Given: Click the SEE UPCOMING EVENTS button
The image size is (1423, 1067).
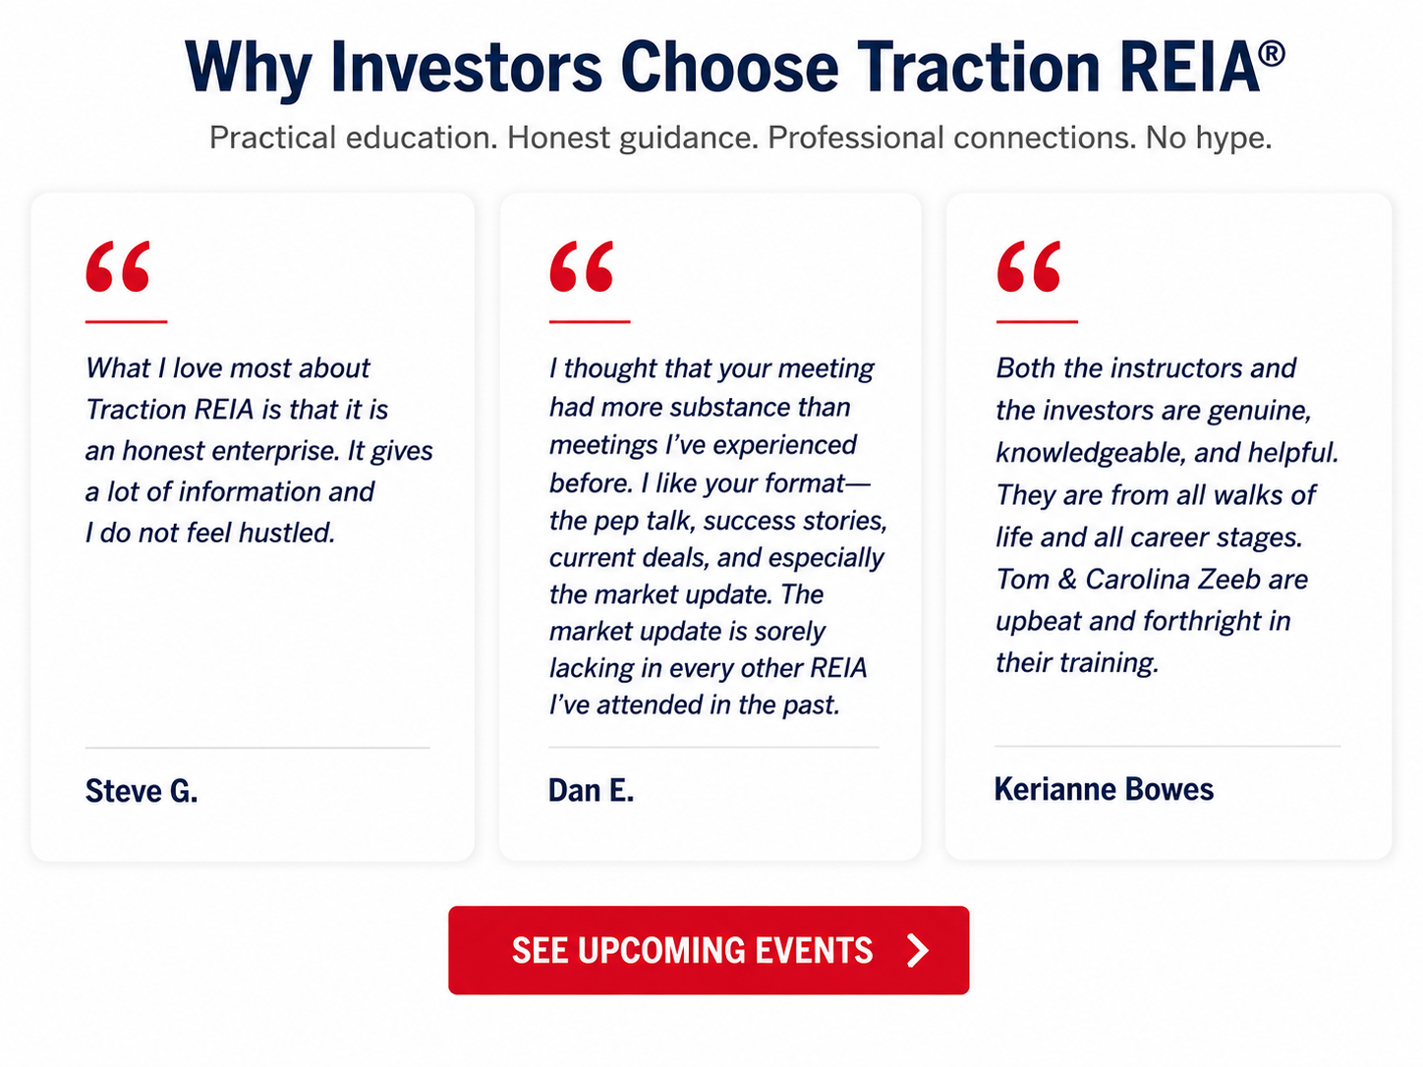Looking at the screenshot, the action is [x=709, y=950].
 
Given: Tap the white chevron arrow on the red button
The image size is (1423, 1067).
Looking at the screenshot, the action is [x=917, y=950].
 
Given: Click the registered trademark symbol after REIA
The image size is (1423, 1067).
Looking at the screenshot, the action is [x=1272, y=54].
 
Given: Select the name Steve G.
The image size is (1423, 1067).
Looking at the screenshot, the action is [x=142, y=791].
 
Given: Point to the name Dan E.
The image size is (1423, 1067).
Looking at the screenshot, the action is [x=591, y=790].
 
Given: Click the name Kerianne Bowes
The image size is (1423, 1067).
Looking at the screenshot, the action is [x=1104, y=789].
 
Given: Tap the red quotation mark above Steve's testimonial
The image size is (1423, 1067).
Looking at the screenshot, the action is [x=118, y=266].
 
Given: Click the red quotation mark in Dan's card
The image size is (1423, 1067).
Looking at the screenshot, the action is [x=582, y=266].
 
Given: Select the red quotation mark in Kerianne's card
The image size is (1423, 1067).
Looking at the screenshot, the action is [x=1029, y=266].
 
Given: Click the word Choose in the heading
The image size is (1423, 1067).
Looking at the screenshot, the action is [x=729, y=68].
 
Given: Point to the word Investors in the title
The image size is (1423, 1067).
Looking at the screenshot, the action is [x=466, y=68].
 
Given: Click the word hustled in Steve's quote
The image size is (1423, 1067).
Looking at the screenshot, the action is [x=287, y=533].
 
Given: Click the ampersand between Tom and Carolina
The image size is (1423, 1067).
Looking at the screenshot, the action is [x=1067, y=579].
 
